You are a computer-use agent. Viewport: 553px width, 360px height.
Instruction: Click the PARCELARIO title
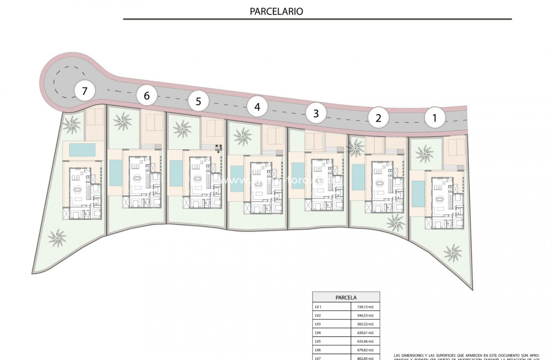tap(276, 11)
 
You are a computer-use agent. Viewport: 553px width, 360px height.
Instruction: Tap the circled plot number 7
tap(85, 91)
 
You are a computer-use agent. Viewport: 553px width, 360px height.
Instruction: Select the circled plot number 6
tap(147, 96)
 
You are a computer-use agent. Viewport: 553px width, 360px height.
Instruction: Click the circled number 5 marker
tap(199, 101)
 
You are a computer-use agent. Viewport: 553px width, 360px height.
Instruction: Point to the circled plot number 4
tap(257, 107)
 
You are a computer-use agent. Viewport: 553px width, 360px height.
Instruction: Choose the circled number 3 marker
tap(316, 113)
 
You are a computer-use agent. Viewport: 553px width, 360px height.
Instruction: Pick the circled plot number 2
tap(379, 118)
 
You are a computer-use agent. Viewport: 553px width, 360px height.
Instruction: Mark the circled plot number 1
tap(434, 118)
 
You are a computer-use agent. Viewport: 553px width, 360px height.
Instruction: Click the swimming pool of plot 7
tap(82, 150)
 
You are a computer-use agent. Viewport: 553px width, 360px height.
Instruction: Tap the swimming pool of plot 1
tap(418, 194)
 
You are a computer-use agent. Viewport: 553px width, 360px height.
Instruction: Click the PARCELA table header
tap(346, 298)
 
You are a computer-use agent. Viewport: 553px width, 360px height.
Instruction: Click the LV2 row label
tap(318, 316)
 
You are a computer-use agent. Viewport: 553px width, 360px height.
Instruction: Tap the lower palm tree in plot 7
tap(57, 237)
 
